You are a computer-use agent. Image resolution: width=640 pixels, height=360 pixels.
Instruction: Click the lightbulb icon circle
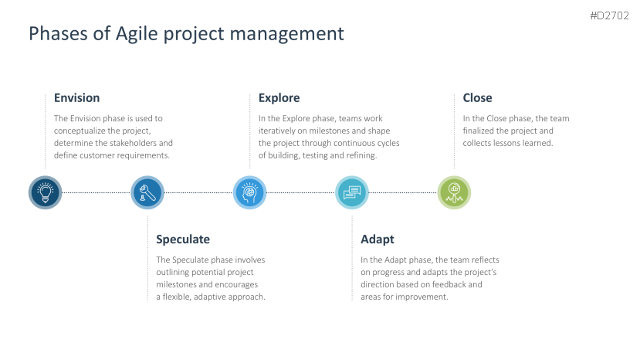point(46,192)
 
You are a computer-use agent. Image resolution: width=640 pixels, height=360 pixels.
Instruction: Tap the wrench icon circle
point(147,192)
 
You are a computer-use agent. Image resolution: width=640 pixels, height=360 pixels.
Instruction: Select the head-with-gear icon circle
point(250,192)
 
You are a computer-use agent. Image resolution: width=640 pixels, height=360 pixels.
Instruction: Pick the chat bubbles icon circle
point(352,192)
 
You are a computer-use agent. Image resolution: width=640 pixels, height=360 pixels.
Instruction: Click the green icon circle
point(454,192)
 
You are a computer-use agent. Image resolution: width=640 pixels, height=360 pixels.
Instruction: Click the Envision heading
point(76,97)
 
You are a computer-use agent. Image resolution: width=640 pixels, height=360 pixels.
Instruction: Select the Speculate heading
point(183,239)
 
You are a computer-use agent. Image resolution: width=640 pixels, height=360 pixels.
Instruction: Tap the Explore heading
point(279,98)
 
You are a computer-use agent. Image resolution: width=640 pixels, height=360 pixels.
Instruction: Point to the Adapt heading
point(378,239)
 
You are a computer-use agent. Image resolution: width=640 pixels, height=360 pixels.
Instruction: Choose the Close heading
point(477,97)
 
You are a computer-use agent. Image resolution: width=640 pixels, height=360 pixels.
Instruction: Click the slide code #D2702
point(609,15)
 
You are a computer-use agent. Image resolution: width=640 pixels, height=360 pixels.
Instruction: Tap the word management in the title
point(287,34)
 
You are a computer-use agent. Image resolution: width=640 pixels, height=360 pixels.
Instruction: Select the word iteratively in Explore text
point(277,131)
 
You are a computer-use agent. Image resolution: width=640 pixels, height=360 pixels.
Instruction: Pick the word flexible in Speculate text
point(177,297)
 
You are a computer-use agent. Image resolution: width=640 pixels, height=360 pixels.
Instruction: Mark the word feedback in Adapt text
point(449,284)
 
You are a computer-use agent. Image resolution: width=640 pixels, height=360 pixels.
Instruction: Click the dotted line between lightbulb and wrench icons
point(97,192)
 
